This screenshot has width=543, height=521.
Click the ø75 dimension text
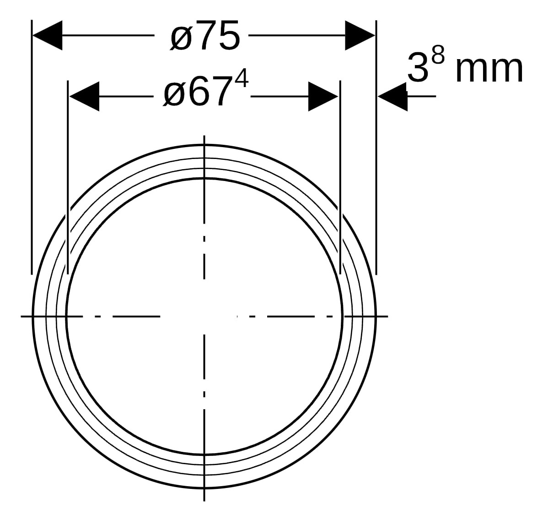(204, 37)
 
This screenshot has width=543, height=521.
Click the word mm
(489, 69)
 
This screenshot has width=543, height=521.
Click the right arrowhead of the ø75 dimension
(360, 35)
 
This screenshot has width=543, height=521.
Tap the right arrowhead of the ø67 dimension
(323, 96)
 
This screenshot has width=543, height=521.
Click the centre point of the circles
(204, 316)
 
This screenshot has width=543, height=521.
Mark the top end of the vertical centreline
(204, 137)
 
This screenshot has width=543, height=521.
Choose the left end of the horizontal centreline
(22, 316)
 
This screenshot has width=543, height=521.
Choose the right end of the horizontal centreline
(387, 316)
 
